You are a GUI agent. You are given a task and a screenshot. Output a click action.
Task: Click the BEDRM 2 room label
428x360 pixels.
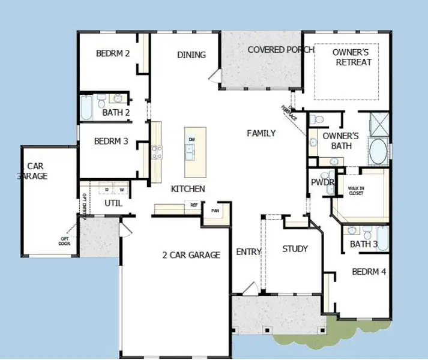(113, 53)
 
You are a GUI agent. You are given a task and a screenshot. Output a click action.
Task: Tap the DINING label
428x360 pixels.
(191, 55)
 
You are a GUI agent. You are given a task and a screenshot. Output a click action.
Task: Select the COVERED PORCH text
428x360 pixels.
(280, 50)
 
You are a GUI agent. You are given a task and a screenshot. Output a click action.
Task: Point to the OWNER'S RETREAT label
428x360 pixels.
(354, 57)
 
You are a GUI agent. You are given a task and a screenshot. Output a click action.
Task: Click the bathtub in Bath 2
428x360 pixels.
(86, 108)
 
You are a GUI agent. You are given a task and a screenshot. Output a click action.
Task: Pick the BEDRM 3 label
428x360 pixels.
(111, 142)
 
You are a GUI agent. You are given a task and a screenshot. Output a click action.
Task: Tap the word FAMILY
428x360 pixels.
(261, 133)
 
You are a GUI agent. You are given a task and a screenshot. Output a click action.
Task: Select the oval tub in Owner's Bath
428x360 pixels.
(378, 152)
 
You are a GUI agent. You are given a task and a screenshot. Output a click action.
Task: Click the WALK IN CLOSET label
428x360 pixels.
(357, 191)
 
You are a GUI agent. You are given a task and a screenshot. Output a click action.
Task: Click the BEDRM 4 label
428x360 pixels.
(369, 272)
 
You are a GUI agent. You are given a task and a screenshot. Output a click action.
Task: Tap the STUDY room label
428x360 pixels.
(295, 249)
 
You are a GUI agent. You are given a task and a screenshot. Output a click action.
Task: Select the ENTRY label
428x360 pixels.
(248, 252)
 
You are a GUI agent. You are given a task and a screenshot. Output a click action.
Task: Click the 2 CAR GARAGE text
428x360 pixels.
(191, 255)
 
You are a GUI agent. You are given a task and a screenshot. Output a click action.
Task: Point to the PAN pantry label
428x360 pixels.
(214, 211)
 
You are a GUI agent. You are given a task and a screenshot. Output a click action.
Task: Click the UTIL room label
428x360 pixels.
(113, 203)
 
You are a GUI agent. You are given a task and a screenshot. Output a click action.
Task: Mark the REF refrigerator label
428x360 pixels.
(194, 205)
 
